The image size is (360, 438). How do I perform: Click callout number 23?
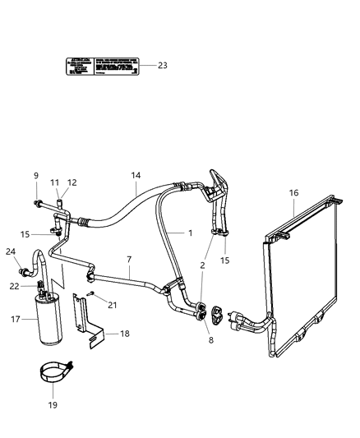pos(162,66)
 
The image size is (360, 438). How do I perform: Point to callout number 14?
pos(136,175)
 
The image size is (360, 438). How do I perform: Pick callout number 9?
pos(35,175)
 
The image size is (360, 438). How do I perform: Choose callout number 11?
pos(55,182)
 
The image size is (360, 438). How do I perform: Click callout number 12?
pos(72,182)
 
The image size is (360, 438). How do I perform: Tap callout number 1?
pos(190,233)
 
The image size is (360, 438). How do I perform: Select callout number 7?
pos(129,260)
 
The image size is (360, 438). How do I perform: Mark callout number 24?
pos(11,251)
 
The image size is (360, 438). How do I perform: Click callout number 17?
pos(14,320)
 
